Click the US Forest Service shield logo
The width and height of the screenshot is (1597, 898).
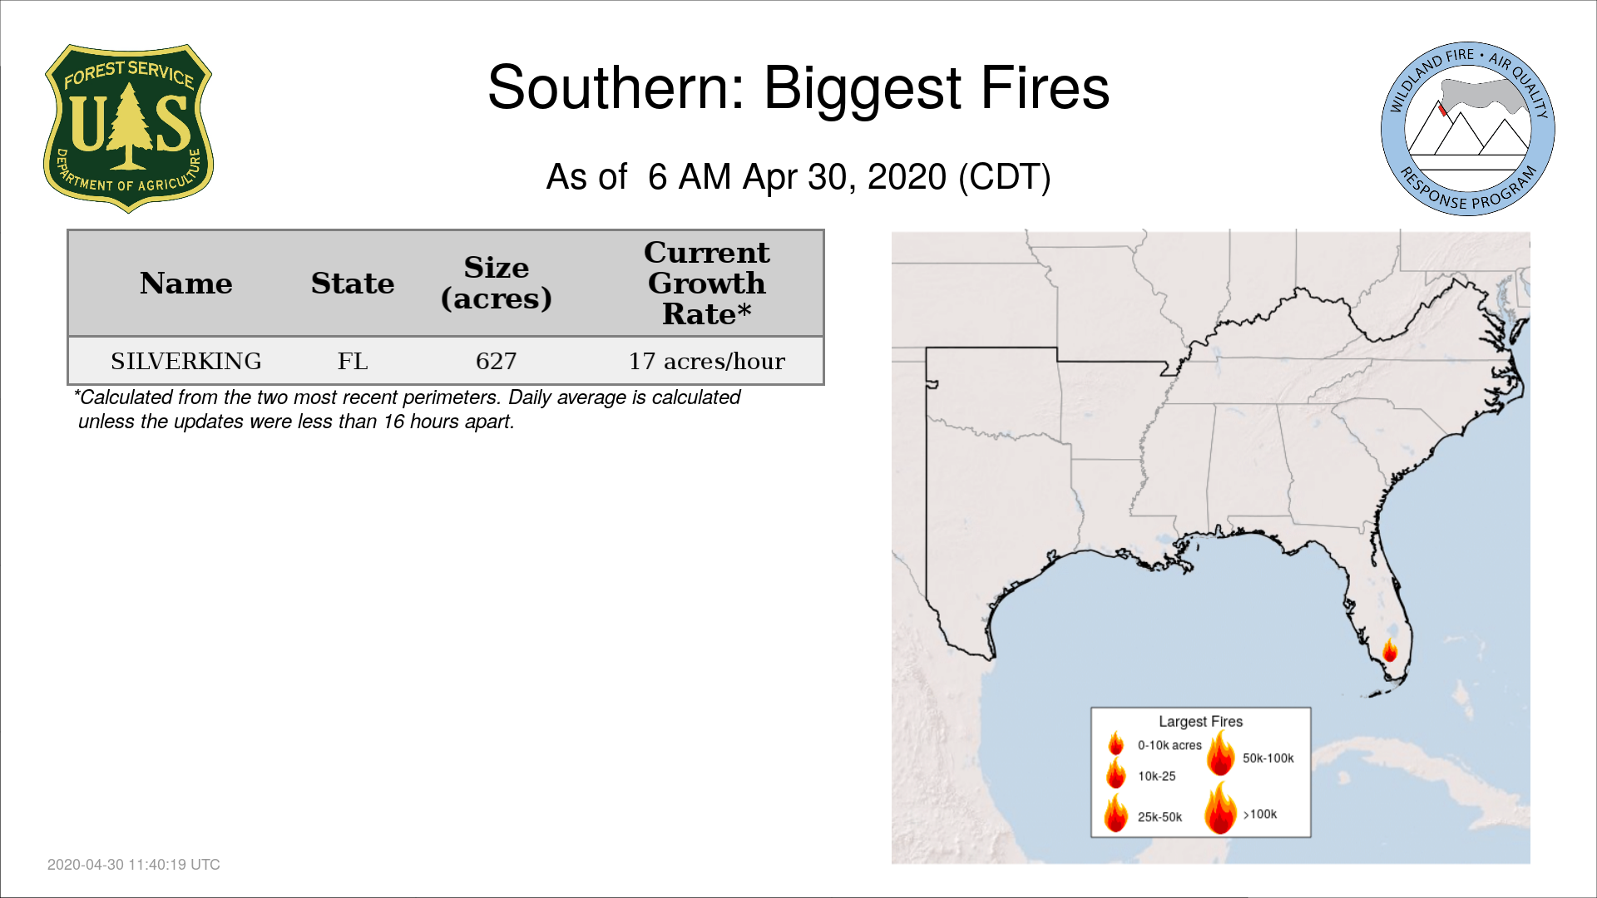click(x=128, y=129)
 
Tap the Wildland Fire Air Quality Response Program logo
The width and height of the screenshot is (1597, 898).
click(x=1468, y=129)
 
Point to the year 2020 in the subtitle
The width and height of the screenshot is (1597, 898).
click(x=907, y=177)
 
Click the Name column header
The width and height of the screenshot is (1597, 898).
click(x=186, y=284)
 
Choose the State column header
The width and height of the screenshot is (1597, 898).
click(x=353, y=284)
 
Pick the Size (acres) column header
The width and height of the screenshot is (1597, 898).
click(x=497, y=283)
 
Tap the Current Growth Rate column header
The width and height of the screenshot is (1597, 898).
click(x=707, y=283)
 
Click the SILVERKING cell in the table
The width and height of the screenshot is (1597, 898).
click(x=186, y=361)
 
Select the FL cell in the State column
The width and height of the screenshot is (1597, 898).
click(x=353, y=361)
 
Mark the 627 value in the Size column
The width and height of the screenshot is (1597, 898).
click(x=497, y=361)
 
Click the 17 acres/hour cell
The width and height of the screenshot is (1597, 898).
click(x=707, y=361)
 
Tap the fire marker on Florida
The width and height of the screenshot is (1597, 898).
click(x=1390, y=649)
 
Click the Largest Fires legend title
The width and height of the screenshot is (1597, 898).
click(x=1201, y=722)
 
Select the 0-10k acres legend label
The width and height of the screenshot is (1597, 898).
click(x=1169, y=745)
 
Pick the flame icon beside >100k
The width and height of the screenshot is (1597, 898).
click(x=1221, y=807)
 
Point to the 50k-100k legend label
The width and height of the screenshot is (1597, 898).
click(x=1268, y=758)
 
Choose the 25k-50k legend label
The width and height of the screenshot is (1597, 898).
click(x=1160, y=817)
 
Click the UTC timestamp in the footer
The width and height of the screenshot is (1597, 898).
click(x=134, y=865)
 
